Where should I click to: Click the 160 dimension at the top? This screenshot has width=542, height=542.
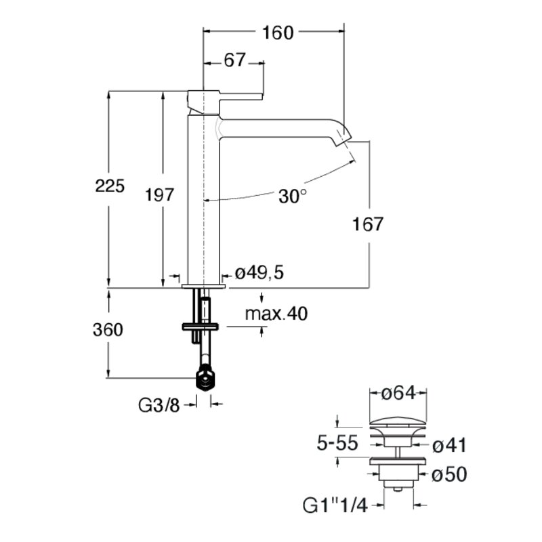[278, 33]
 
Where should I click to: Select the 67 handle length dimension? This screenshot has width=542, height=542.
[234, 60]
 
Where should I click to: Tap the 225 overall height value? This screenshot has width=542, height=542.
[110, 186]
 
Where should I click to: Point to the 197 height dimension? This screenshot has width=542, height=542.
[159, 195]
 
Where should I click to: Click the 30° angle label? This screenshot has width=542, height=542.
[293, 196]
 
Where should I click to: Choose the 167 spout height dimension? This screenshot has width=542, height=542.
[368, 224]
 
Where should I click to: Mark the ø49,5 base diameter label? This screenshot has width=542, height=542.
[259, 273]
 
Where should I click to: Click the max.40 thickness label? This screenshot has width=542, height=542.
[276, 314]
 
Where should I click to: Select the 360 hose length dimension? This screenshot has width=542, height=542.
[108, 330]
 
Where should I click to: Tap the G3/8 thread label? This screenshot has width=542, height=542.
[159, 405]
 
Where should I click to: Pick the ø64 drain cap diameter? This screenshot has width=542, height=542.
[398, 393]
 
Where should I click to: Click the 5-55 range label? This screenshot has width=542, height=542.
[337, 443]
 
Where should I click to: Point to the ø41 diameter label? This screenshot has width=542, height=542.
[449, 445]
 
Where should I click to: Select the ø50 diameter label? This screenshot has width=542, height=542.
[449, 474]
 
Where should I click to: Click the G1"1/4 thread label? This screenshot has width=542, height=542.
[335, 506]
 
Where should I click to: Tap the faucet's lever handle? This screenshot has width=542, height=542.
[241, 96]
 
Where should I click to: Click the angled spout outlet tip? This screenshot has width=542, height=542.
[344, 137]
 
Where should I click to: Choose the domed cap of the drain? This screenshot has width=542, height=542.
[398, 422]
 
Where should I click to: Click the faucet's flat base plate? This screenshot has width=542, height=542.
[204, 286]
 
